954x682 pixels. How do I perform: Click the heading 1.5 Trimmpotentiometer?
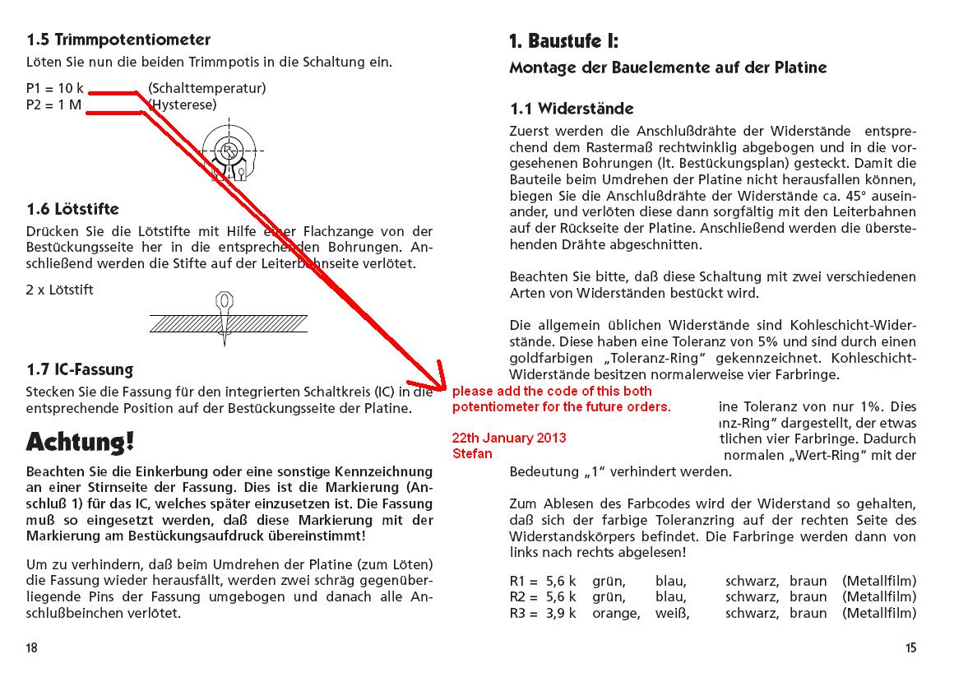pos(118,39)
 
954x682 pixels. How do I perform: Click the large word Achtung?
pos(80,442)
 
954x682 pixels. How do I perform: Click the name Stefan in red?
pos(471,453)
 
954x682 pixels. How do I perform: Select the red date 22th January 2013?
pos(509,438)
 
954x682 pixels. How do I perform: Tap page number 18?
pos(31,647)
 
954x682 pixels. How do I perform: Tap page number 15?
pos(910,647)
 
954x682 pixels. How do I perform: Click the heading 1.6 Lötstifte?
pos(72,210)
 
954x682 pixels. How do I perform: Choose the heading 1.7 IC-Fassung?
pos(80,369)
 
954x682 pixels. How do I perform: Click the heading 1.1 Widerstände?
pos(572,109)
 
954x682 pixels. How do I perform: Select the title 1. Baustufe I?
pos(563,41)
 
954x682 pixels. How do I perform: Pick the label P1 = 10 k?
pos(55,88)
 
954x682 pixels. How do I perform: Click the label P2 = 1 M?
pos(54,104)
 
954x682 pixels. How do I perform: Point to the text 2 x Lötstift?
pos(60,290)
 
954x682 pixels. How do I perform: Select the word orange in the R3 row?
pos(616,613)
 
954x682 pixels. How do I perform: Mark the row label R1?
pos(518,582)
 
